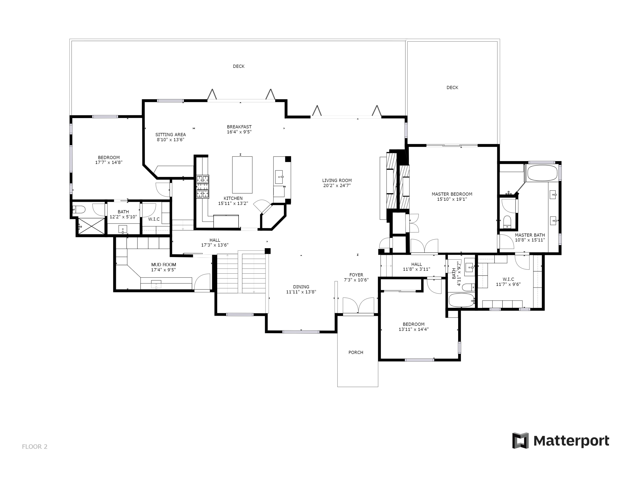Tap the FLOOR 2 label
point(35,447)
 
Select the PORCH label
point(356,352)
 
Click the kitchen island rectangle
point(242,175)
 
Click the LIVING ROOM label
point(337,180)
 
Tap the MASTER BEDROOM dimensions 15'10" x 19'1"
point(452,199)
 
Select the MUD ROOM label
point(163,264)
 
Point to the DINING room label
point(301,287)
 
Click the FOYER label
point(356,275)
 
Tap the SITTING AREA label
point(170,134)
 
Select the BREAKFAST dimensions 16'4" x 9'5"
point(239,132)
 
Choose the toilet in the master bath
point(507,221)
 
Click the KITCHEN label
point(233,198)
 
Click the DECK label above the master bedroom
point(452,88)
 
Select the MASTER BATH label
point(530,235)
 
